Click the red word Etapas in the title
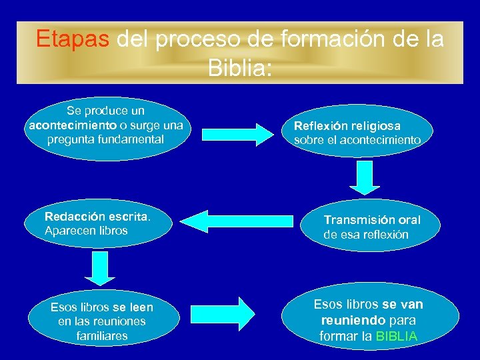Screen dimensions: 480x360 click(x=72, y=39)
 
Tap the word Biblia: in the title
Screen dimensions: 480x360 click(x=239, y=67)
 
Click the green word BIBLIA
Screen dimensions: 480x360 click(x=397, y=336)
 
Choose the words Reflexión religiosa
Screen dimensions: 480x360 click(x=347, y=125)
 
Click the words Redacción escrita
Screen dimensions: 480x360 click(x=97, y=217)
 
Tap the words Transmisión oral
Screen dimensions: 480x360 click(x=372, y=220)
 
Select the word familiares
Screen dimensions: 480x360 click(x=102, y=336)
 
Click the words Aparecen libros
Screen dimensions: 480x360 click(x=86, y=231)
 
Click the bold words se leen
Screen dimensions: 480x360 click(x=133, y=307)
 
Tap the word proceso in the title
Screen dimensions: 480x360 click(x=195, y=39)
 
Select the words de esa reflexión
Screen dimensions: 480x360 click(x=366, y=235)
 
